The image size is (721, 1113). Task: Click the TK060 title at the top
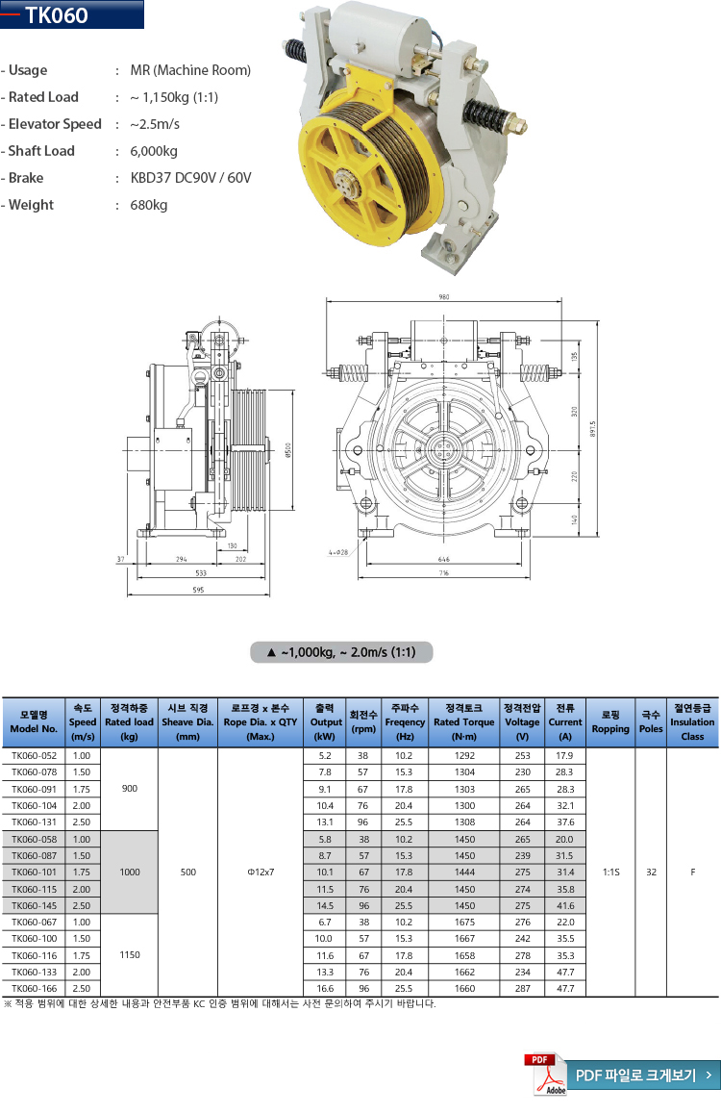click(x=57, y=15)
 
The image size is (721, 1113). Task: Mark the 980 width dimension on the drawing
click(x=444, y=298)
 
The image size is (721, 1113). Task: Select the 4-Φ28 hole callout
click(x=337, y=553)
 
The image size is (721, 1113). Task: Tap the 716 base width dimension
click(x=443, y=573)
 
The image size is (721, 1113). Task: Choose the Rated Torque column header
click(x=464, y=721)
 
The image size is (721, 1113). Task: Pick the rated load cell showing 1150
click(x=130, y=955)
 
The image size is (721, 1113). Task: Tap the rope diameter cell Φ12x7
click(x=261, y=872)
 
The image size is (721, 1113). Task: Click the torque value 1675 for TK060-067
click(x=464, y=922)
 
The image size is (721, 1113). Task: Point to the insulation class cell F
click(x=692, y=872)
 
